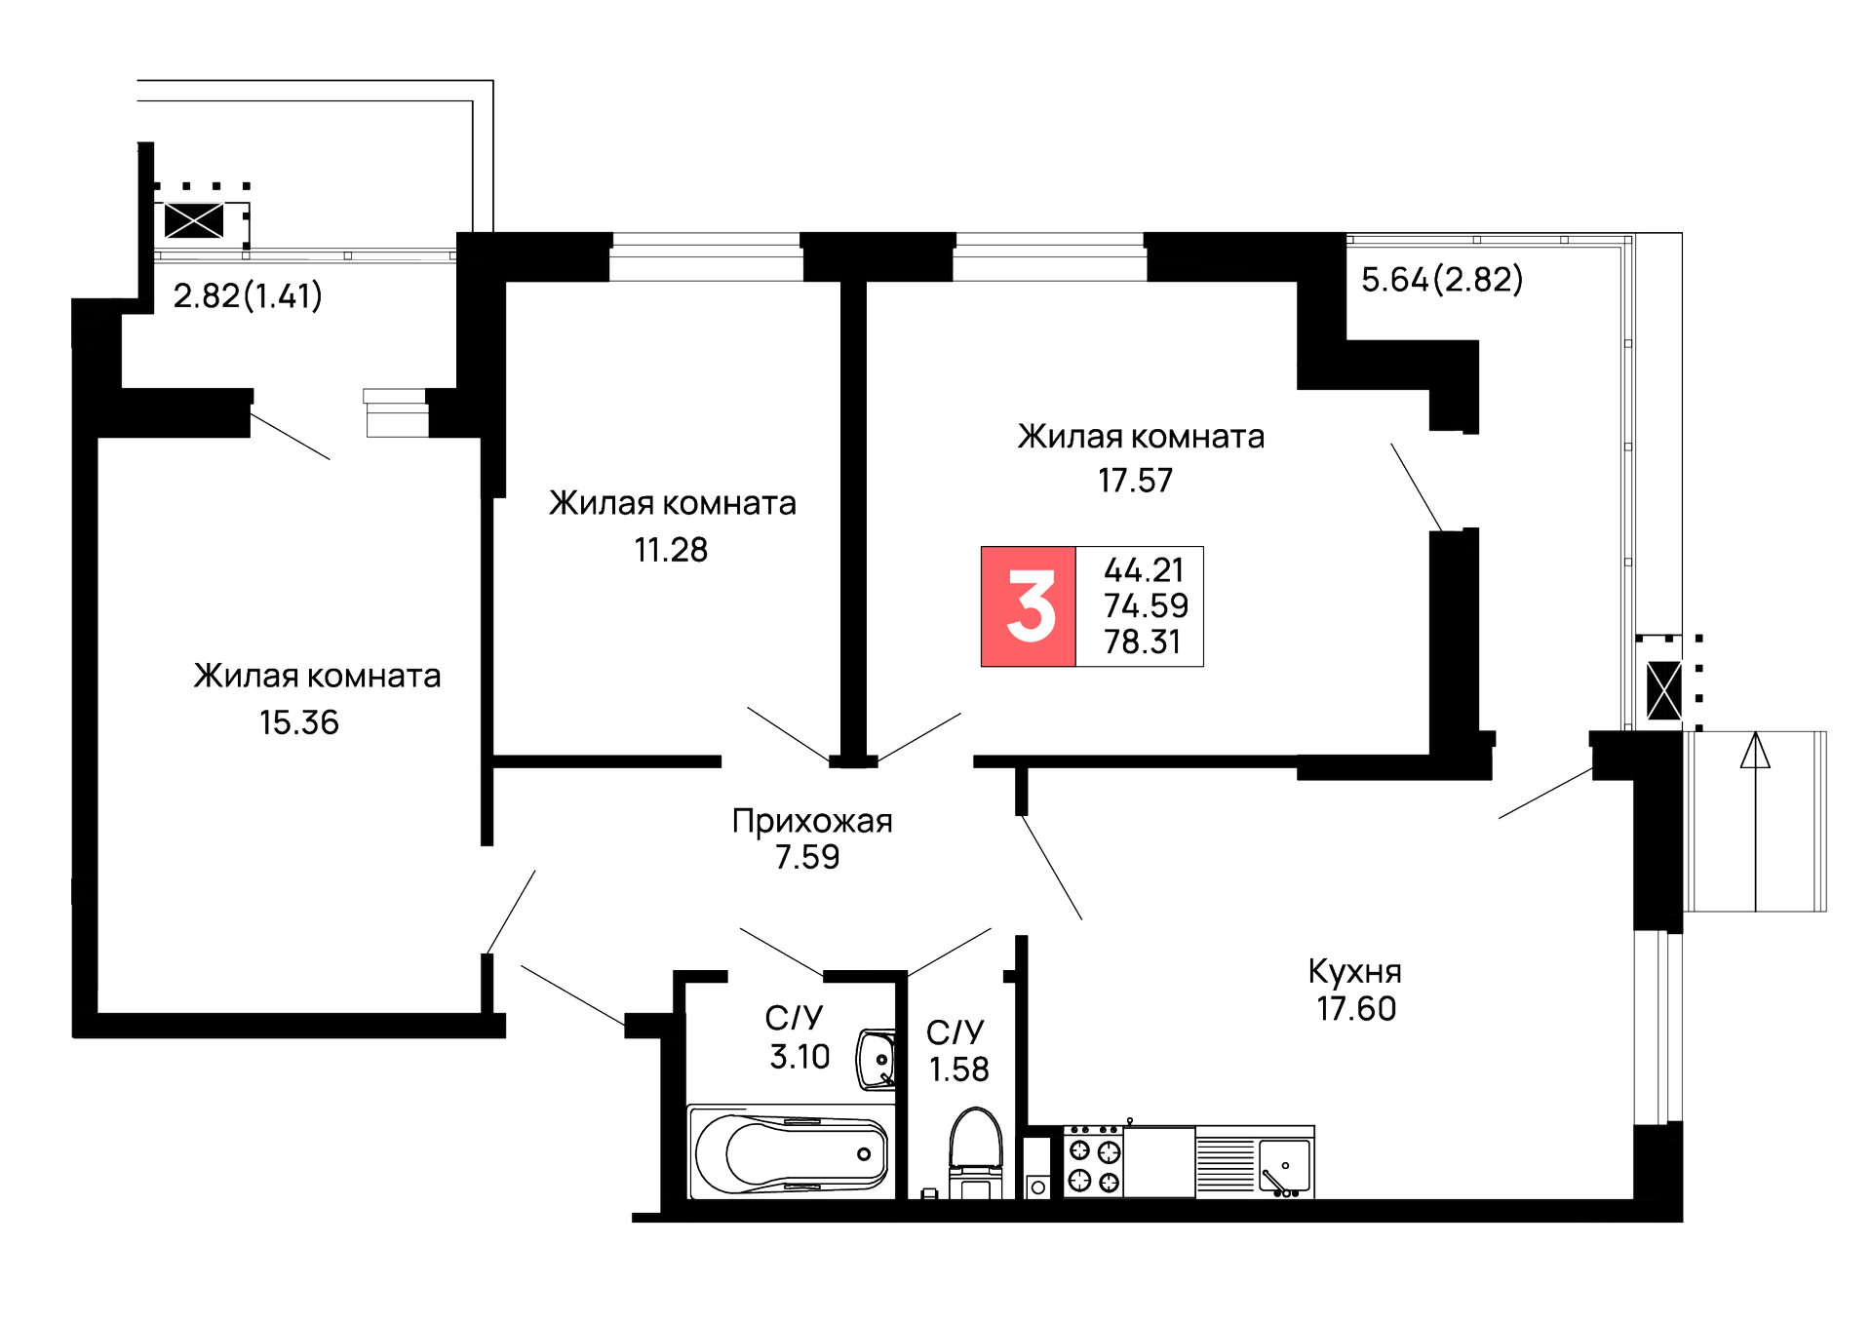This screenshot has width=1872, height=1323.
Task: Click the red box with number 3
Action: click(1029, 606)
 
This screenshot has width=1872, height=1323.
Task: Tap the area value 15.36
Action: click(299, 722)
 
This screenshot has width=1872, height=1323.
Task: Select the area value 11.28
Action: click(671, 550)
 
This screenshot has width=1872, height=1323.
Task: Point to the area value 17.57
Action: click(1136, 481)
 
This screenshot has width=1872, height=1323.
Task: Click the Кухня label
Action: click(1354, 971)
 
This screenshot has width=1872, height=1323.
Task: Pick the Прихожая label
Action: click(812, 821)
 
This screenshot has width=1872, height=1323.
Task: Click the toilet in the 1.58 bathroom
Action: click(976, 1150)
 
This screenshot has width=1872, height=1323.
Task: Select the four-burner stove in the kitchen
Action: click(1093, 1163)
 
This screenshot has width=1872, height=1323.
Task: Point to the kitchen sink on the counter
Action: click(1283, 1166)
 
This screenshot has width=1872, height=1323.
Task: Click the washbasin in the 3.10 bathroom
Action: click(876, 1060)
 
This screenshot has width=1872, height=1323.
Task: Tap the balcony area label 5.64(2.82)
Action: click(1441, 280)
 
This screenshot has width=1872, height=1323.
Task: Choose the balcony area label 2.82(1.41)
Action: click(248, 295)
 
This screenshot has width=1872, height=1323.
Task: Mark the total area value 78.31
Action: click(1142, 642)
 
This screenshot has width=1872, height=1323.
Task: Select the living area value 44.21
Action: click(1144, 569)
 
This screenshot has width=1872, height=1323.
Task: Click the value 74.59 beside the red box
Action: click(1146, 605)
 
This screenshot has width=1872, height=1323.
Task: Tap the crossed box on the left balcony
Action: click(194, 221)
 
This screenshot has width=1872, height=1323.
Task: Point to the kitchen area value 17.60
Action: click(1356, 1008)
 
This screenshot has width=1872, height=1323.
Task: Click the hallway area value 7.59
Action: click(807, 857)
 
